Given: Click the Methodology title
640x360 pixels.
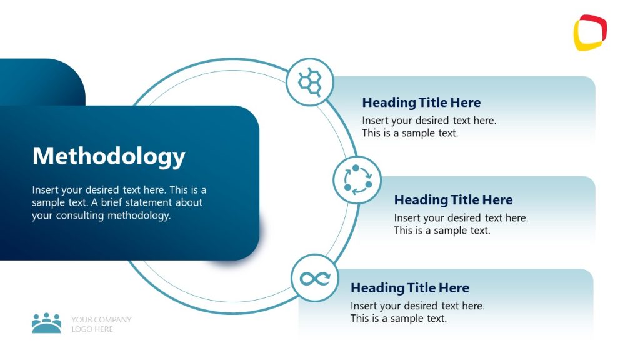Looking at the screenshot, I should (x=109, y=156).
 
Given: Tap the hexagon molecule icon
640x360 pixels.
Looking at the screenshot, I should (x=310, y=81).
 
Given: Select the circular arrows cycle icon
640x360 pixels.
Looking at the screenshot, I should (x=357, y=179).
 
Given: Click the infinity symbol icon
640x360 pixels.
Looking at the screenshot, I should (x=315, y=278).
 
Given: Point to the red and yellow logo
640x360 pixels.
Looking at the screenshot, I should (x=590, y=32).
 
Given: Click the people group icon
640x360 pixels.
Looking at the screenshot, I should (x=46, y=323).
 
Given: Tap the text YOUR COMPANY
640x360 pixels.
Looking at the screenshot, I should (x=101, y=319).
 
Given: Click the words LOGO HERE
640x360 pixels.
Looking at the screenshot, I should (x=92, y=329).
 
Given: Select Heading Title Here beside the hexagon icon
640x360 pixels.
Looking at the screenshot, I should (x=421, y=102).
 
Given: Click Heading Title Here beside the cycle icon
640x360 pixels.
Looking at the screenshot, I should (x=453, y=200).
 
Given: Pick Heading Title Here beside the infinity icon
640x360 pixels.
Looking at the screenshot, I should (x=409, y=288).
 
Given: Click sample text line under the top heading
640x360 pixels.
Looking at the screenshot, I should (x=410, y=133).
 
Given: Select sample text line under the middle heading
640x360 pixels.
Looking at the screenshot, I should (x=442, y=231).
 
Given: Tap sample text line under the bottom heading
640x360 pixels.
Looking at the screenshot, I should (x=398, y=319).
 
